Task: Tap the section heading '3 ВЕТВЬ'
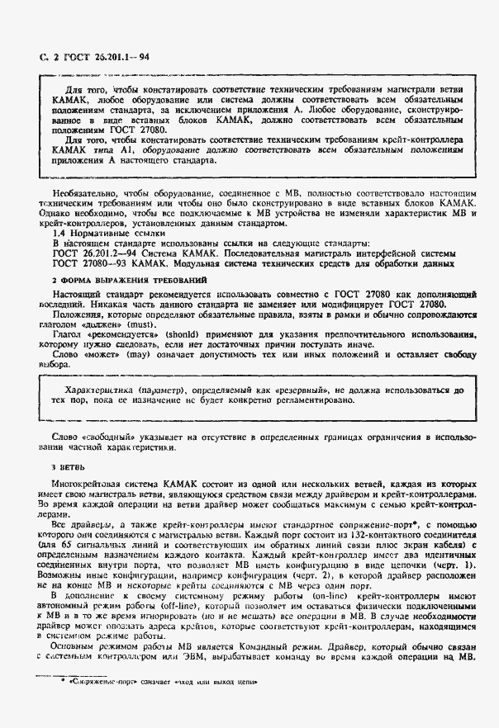pos(59,466)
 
